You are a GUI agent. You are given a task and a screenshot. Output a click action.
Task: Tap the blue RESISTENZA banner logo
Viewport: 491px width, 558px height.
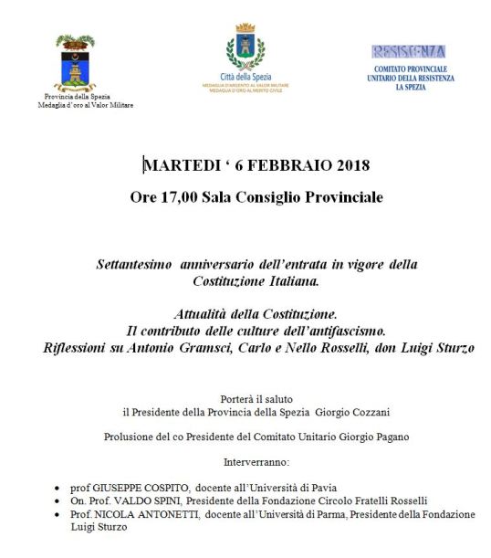(x=408, y=52)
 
